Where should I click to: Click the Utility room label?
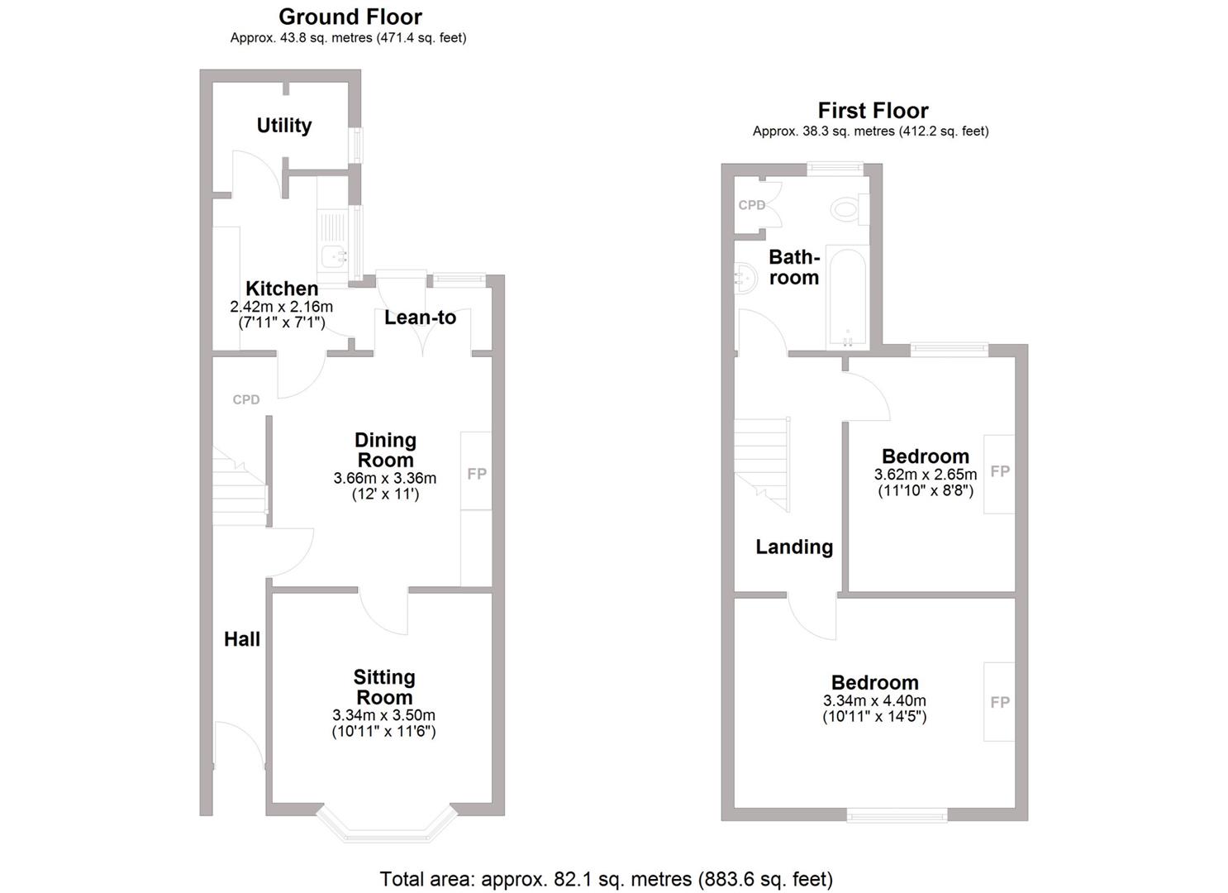[x=283, y=126]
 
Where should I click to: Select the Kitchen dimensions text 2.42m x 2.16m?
[x=281, y=307]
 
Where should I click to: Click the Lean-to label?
[x=420, y=318]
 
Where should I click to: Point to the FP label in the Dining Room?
[x=477, y=474]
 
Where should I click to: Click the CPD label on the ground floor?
[x=246, y=400]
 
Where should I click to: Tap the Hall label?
[x=242, y=639]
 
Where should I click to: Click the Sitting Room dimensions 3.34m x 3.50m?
[x=383, y=715]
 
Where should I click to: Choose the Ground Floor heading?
[x=350, y=17]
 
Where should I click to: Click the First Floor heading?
[x=873, y=111]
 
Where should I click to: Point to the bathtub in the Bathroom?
[x=847, y=298]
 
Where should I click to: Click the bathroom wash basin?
[x=745, y=278]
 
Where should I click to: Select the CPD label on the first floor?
[x=752, y=205]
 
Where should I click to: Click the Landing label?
[x=794, y=547]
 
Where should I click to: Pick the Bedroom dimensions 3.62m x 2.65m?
[x=926, y=475]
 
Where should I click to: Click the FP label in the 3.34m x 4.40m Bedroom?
[x=1000, y=702]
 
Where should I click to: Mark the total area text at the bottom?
[x=606, y=879]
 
